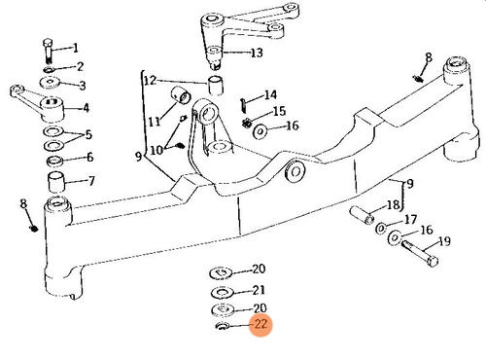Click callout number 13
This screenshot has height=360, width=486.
[x=257, y=53]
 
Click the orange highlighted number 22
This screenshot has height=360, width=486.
[x=260, y=326]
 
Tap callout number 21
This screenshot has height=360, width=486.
[x=259, y=290]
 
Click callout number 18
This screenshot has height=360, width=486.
[x=394, y=205]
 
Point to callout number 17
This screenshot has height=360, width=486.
[x=410, y=220]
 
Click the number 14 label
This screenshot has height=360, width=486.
[x=271, y=95]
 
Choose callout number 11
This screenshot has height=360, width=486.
[x=154, y=121]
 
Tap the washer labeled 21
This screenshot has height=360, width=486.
[x=221, y=290]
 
